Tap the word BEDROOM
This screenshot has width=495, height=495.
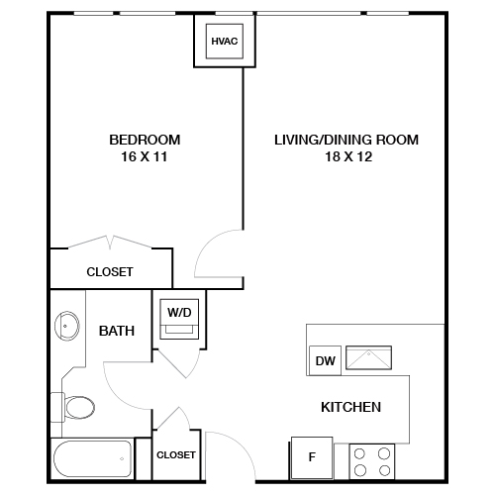coord(145,140)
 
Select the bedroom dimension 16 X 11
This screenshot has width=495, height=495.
coord(145,156)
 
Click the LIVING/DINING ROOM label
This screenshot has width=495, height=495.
coord(346,140)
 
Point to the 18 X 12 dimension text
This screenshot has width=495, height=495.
coord(346,156)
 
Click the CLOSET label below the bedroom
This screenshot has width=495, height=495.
coord(110,271)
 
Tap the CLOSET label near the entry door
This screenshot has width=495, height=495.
coord(176,454)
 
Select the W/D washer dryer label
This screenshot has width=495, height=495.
coord(179,312)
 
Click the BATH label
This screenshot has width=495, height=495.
coord(117,331)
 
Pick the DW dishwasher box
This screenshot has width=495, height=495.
coord(324,361)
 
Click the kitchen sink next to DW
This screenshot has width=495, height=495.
coord(367,358)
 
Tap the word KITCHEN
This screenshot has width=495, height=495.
coord(350,407)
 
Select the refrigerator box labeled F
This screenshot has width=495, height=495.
coord(311,458)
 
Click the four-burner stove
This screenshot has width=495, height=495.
coord(372,461)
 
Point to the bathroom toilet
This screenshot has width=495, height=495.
coord(75,406)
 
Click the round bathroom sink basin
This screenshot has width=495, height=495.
coord(67,324)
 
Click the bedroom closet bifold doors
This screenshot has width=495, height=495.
coord(110,243)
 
